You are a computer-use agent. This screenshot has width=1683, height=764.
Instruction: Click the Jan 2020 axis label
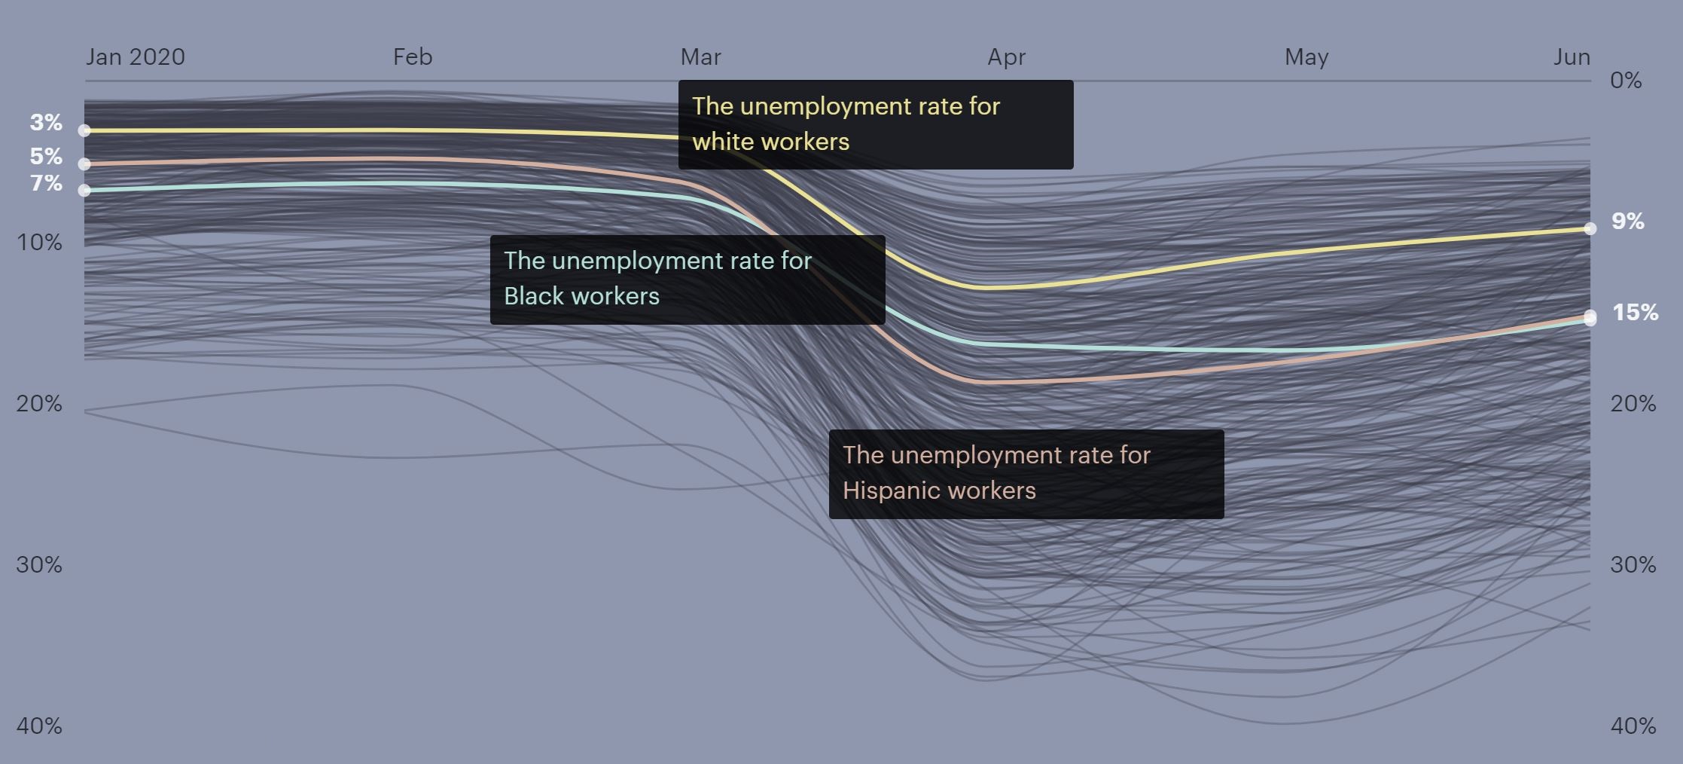point(135,57)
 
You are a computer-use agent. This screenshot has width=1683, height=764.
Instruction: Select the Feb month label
point(413,57)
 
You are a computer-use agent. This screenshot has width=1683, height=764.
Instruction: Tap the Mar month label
point(700,57)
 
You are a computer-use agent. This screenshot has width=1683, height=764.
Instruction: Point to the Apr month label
point(1006,57)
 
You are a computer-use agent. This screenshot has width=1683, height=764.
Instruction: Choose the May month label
point(1306,57)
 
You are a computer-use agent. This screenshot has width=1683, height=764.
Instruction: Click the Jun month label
point(1572,57)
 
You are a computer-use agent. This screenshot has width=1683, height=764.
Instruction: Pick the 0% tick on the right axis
point(1626,81)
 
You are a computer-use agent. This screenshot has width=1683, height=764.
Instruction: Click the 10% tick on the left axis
point(39,243)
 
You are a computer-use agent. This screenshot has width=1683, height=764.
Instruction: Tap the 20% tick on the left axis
point(39,404)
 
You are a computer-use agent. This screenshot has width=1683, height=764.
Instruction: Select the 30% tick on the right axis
point(1633,565)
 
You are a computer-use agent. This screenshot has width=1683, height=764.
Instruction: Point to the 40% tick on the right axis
point(1633,726)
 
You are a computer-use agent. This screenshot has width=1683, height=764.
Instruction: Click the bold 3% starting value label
point(46,122)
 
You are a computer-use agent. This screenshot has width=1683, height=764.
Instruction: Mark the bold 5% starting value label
point(46,156)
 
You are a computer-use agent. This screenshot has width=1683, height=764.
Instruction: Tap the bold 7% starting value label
point(46,183)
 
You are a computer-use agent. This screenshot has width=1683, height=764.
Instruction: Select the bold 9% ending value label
point(1627,222)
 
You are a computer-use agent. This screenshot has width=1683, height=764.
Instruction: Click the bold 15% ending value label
point(1635,313)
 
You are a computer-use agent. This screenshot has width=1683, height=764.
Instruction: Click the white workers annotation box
point(875,124)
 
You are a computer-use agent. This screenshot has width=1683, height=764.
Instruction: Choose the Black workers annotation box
point(687,280)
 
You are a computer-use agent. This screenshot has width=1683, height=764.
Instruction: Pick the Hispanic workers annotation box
point(1026,474)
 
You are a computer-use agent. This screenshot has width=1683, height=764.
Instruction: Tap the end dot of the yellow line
point(1590,228)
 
